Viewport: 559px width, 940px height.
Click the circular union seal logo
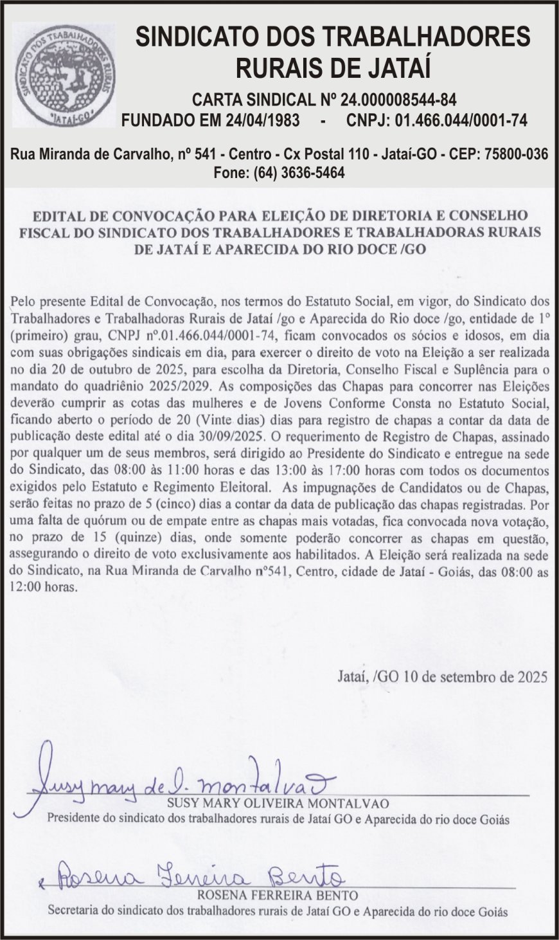64,75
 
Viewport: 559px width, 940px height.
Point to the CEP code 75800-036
517,154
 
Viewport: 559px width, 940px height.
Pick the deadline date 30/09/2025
229,435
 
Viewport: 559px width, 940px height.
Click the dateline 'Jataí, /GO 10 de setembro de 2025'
441,677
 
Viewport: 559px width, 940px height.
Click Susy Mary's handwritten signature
173,783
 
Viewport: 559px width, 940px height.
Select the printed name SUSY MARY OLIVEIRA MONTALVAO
278,804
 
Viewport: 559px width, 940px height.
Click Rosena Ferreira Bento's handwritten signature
199,876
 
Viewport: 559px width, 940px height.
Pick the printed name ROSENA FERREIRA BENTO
278,895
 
